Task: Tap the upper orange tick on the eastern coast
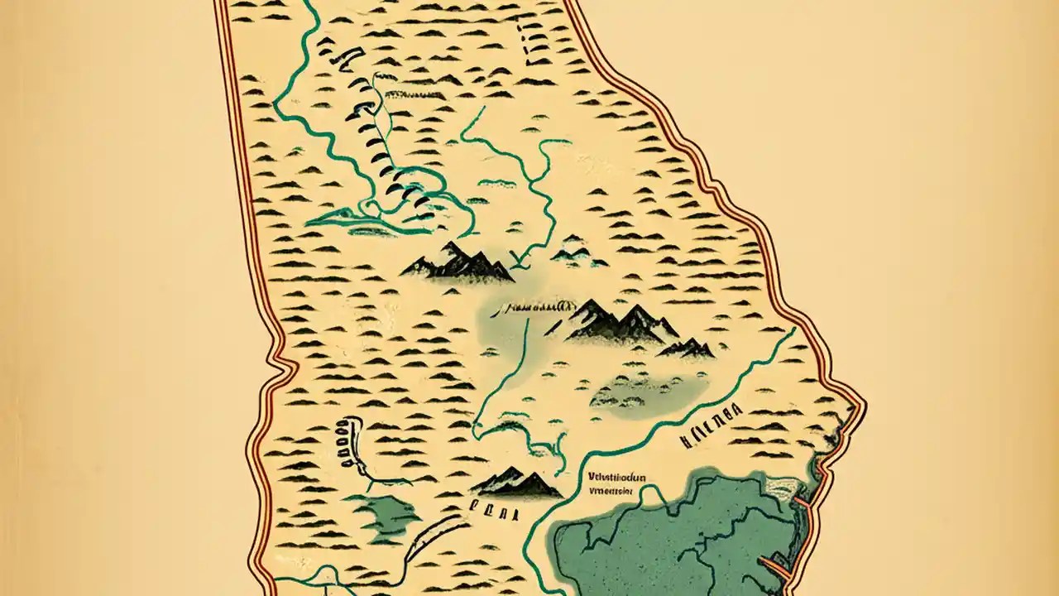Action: coord(801,501)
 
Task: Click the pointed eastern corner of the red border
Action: coord(864,407)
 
